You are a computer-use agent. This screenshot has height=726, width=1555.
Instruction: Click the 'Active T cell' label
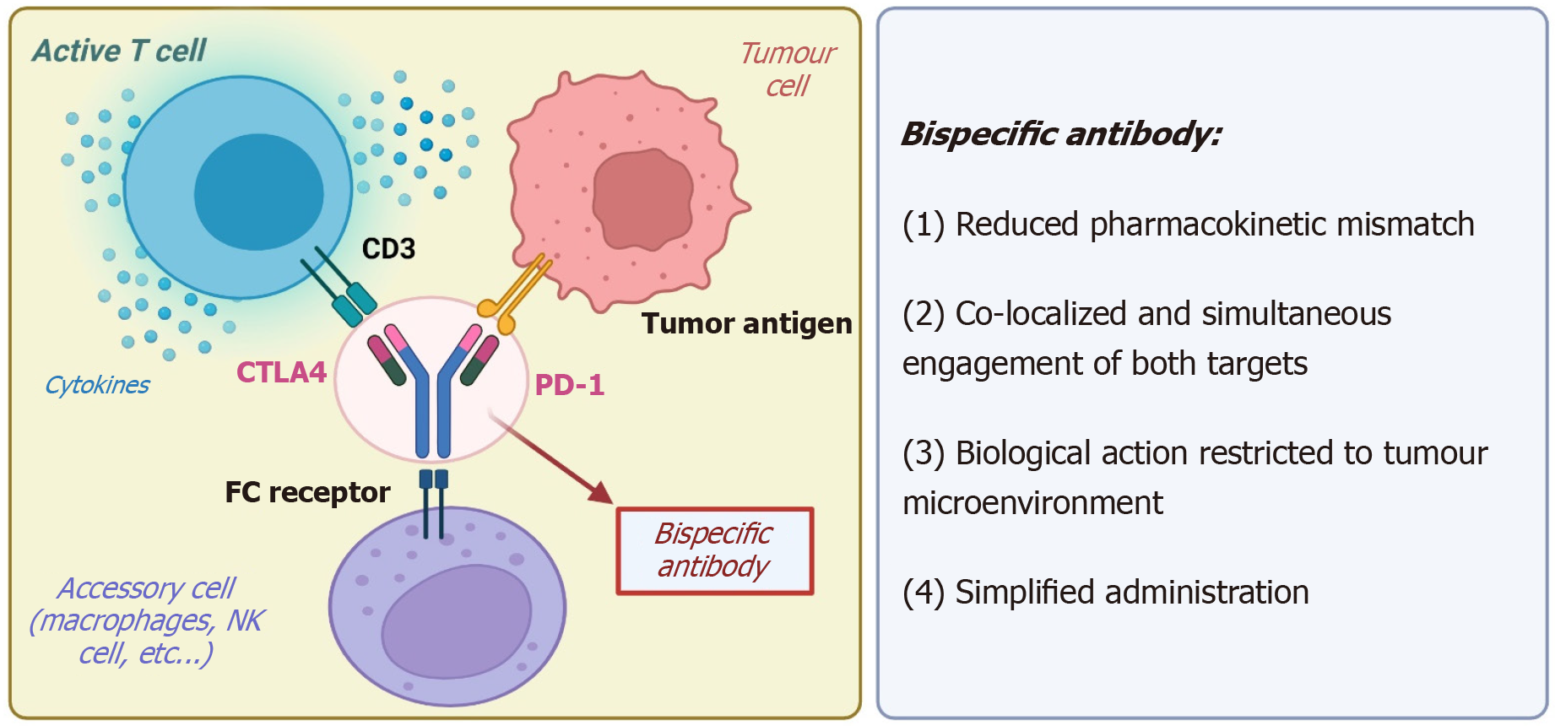119,51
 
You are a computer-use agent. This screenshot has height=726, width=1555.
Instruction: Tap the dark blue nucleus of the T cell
258,192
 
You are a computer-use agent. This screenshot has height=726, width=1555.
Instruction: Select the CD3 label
388,249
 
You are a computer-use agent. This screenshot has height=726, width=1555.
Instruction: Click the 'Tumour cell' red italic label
787,69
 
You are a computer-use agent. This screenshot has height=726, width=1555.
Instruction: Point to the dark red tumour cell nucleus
642,199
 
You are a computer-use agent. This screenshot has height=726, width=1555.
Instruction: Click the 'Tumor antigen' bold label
746,323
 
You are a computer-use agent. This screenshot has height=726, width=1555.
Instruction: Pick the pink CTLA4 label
281,372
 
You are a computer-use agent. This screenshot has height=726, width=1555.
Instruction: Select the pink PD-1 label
570,385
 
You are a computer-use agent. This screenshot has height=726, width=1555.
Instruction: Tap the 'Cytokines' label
97,385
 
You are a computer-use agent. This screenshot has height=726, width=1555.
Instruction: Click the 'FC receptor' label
307,492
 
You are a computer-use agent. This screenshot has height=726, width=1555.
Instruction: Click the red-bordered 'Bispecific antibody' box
714,550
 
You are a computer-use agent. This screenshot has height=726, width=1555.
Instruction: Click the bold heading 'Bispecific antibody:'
1061,134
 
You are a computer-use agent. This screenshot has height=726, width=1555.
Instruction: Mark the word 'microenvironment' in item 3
1032,503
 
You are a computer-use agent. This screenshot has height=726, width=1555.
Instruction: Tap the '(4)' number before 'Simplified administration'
923,593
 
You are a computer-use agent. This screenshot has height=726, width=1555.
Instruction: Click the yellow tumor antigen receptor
517,292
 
